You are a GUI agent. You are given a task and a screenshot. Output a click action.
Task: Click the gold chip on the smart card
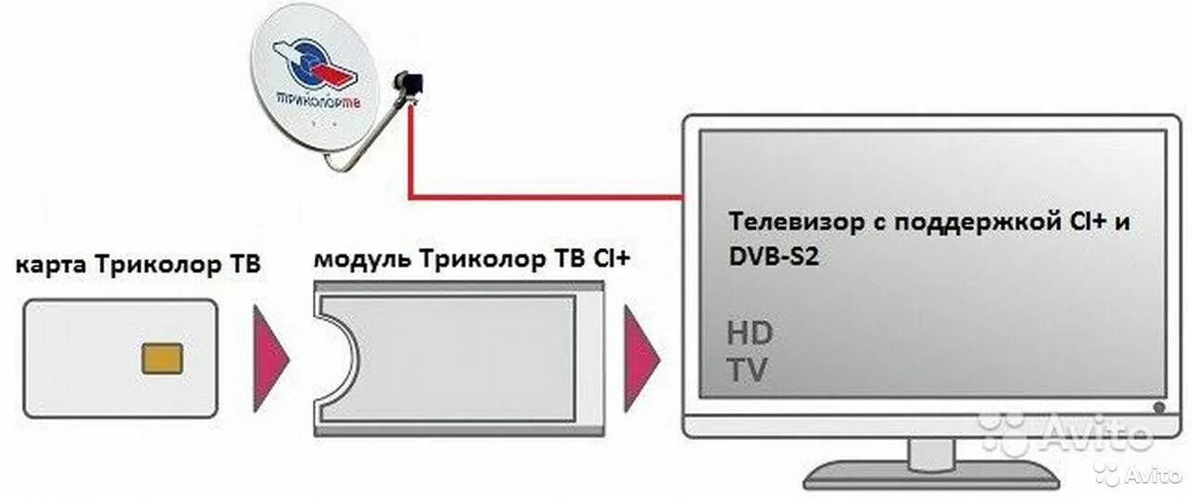click(x=162, y=358)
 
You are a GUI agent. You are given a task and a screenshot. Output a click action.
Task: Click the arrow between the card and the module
click(x=270, y=358)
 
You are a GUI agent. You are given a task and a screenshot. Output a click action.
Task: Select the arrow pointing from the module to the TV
click(x=641, y=358)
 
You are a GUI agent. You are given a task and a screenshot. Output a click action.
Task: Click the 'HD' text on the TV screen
click(x=750, y=333)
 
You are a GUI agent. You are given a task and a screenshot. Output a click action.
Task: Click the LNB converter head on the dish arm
click(x=408, y=83)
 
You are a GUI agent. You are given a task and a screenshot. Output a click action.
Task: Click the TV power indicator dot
click(x=1158, y=407)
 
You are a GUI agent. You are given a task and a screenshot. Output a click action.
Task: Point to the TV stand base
click(x=931, y=471)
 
